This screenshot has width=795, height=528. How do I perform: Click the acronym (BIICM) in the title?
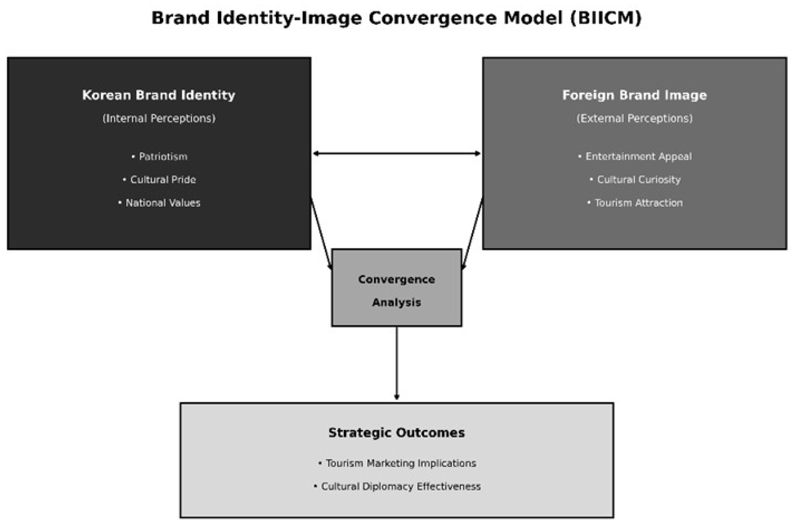pyautogui.click(x=606, y=18)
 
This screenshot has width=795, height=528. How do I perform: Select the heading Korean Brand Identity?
pyautogui.click(x=159, y=95)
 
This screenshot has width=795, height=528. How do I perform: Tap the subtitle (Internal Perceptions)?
pyautogui.click(x=159, y=119)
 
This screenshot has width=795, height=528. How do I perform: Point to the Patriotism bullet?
pyautogui.click(x=160, y=157)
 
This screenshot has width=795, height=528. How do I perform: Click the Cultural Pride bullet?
pyautogui.click(x=160, y=180)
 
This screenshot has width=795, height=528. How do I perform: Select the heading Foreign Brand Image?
pyautogui.click(x=635, y=95)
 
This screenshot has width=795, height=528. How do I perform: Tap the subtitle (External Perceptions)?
pyautogui.click(x=635, y=119)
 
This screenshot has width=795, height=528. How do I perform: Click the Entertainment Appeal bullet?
pyautogui.click(x=635, y=157)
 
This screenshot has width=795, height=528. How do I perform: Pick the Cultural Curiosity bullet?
pyautogui.click(x=635, y=180)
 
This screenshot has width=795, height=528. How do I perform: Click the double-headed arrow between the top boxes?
pyautogui.click(x=397, y=154)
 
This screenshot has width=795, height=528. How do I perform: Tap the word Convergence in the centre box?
pyautogui.click(x=397, y=279)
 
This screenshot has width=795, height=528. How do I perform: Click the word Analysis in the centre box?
pyautogui.click(x=397, y=303)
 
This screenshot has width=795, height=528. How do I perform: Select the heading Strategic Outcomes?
pyautogui.click(x=397, y=433)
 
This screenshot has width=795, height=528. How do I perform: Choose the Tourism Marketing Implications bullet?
pyautogui.click(x=397, y=463)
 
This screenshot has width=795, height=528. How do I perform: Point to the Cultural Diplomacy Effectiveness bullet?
pyautogui.click(x=397, y=487)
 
